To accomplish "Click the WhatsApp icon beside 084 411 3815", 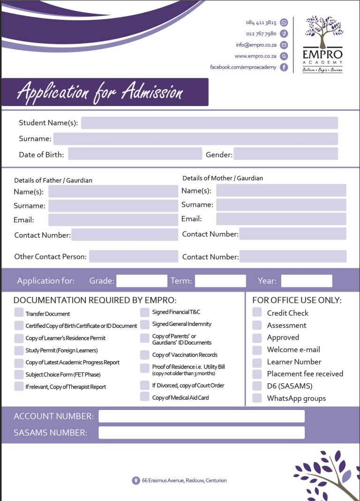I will point(284,23).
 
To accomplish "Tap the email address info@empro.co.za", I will point(256,45).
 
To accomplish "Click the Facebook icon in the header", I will point(284,68).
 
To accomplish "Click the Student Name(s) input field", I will point(210,123).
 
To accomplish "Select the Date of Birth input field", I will point(135,154).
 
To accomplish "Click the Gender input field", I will point(285,154).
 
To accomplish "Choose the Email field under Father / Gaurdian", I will point(113,220).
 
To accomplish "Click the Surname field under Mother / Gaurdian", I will point(281,205).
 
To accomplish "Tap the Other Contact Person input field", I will point(134,256).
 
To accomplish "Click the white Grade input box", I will point(142,281).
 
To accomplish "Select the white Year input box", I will point(307,281).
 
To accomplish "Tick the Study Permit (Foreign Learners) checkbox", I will point(19,350).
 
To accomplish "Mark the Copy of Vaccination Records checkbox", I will point(144,355).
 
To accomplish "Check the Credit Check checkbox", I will point(257,312).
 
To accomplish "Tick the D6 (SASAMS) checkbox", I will point(257,386).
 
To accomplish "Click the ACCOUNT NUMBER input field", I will point(201,416).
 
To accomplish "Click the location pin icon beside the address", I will point(136,480).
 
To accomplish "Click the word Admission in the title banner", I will point(152,92).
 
